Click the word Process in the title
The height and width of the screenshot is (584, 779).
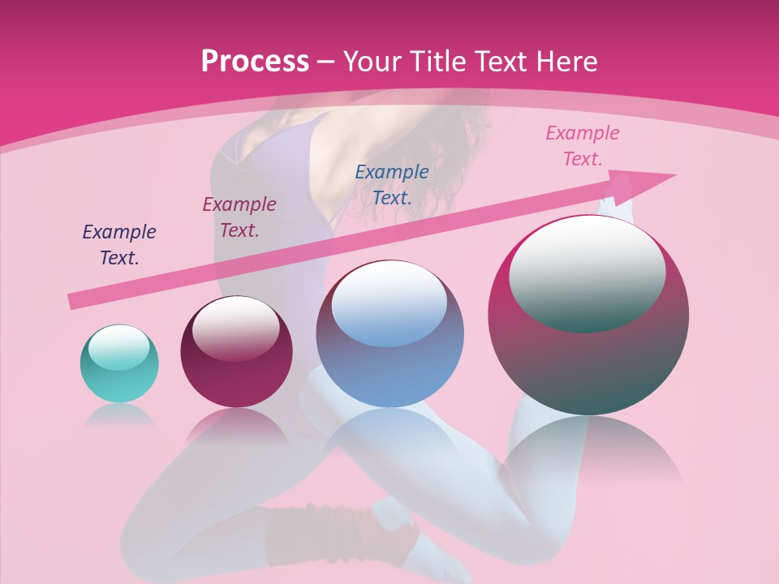255,62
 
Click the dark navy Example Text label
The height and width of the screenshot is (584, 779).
119,245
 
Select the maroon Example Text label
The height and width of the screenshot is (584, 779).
239,217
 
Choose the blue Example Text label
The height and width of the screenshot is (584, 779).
392,184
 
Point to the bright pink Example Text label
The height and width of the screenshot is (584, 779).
583,146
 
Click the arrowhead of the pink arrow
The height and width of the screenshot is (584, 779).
645,184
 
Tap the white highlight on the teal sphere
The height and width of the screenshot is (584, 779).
119,346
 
